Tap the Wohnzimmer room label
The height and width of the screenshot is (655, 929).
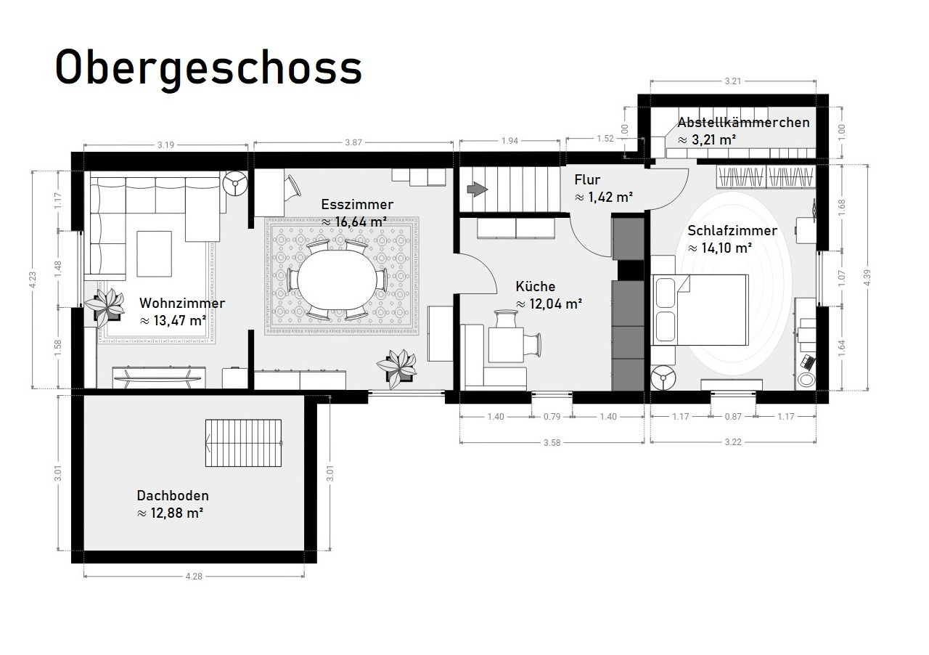182,303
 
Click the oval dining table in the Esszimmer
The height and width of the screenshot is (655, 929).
337,280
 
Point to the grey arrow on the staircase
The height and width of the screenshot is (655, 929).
478,190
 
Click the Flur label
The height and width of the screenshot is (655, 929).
587,180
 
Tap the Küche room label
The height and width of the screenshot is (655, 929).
536,286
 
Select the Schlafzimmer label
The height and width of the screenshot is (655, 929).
732,231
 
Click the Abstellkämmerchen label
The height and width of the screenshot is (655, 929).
744,123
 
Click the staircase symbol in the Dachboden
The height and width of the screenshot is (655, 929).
243,443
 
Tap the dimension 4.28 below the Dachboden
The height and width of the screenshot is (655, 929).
194,576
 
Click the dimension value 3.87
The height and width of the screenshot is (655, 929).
353,142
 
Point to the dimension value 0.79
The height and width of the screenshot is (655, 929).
552,416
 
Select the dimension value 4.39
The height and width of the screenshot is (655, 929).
867,277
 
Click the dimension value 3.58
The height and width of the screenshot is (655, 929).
552,442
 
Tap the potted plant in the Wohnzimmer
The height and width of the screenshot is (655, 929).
105,306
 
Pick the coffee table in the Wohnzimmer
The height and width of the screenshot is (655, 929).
155,253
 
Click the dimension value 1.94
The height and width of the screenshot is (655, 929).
509,141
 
